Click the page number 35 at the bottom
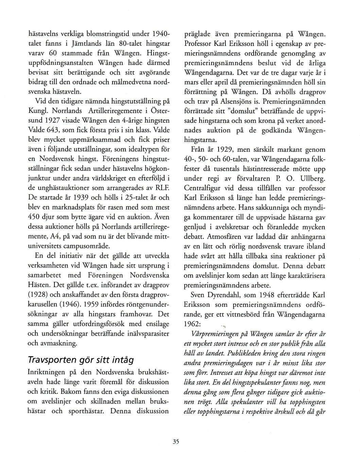pos(175,442)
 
